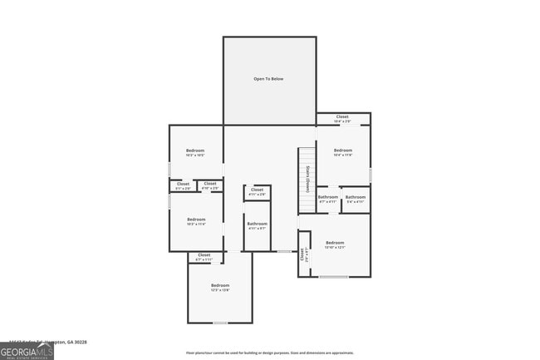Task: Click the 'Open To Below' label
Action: tap(268, 79)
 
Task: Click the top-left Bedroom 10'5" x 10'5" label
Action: tap(194, 152)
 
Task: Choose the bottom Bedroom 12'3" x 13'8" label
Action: tap(219, 287)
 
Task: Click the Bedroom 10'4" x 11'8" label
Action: tap(342, 152)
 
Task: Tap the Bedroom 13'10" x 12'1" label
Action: tap(334, 244)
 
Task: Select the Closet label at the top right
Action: tap(342, 119)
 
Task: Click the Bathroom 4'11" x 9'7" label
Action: tap(257, 225)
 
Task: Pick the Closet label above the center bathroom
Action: tap(257, 192)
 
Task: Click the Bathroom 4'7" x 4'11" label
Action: tap(327, 199)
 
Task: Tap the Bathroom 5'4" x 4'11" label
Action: tap(356, 199)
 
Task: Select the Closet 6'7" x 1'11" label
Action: tap(204, 257)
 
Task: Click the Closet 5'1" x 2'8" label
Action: tap(183, 185)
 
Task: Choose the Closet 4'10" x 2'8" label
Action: tap(209, 185)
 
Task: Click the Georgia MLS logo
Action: tap(27, 352)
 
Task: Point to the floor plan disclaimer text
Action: tap(269, 353)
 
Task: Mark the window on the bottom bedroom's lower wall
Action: tap(220, 323)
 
